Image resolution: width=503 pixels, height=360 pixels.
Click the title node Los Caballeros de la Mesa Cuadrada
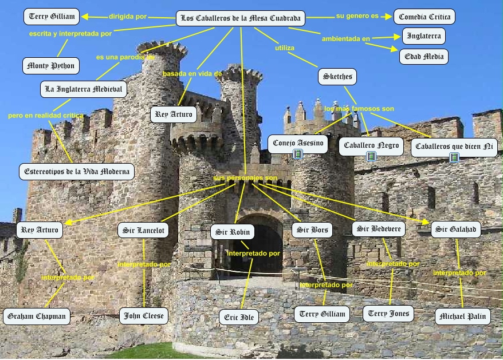[240, 18]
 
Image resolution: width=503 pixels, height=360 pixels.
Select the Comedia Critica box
[425, 17]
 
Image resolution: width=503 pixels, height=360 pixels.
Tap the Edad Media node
[424, 57]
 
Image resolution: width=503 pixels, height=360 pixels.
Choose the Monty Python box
[50, 66]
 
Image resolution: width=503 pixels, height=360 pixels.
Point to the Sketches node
[337, 77]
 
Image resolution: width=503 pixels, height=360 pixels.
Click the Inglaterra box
[423, 36]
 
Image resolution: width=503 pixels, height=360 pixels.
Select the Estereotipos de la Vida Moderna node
[77, 171]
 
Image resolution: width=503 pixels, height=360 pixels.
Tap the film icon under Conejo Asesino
[297, 154]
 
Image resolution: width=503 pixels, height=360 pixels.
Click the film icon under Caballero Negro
[371, 156]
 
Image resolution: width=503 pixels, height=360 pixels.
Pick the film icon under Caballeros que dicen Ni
[454, 157]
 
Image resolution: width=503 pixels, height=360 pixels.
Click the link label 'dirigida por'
[128, 17]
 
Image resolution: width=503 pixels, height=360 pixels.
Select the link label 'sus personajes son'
[245, 179]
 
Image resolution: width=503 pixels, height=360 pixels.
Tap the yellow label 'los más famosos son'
[359, 109]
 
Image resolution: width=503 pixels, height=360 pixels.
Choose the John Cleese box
[144, 315]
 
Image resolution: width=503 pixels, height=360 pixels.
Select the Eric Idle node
[239, 317]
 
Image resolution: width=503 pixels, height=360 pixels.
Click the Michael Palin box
[463, 317]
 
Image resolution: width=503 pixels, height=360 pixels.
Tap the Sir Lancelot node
[144, 231]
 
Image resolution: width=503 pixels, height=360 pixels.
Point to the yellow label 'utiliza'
[284, 48]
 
